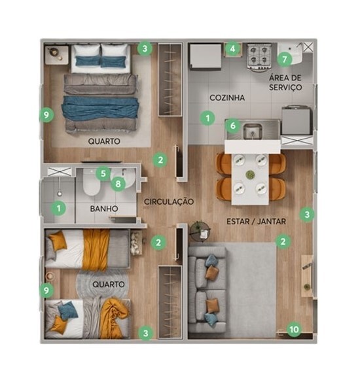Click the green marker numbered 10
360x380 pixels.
click(x=294, y=330)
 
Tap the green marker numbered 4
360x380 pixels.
click(x=232, y=48)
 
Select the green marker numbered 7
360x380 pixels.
click(x=284, y=59)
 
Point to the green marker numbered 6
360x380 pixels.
click(x=232, y=126)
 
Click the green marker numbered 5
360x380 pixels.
click(x=103, y=173)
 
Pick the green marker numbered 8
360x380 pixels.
click(x=118, y=184)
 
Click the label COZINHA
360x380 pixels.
click(x=227, y=97)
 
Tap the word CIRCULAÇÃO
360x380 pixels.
click(x=169, y=201)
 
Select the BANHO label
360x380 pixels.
click(x=104, y=209)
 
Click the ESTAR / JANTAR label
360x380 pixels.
click(x=256, y=222)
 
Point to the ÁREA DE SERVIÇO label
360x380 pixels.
click(x=285, y=82)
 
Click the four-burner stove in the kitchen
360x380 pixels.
click(x=259, y=56)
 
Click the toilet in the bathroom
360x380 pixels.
click(x=91, y=182)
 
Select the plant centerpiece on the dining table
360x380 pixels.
click(x=250, y=175)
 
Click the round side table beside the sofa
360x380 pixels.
click(x=200, y=232)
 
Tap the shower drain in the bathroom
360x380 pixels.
click(x=60, y=194)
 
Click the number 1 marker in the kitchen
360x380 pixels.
click(x=207, y=118)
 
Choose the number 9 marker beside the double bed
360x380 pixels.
click(x=46, y=115)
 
